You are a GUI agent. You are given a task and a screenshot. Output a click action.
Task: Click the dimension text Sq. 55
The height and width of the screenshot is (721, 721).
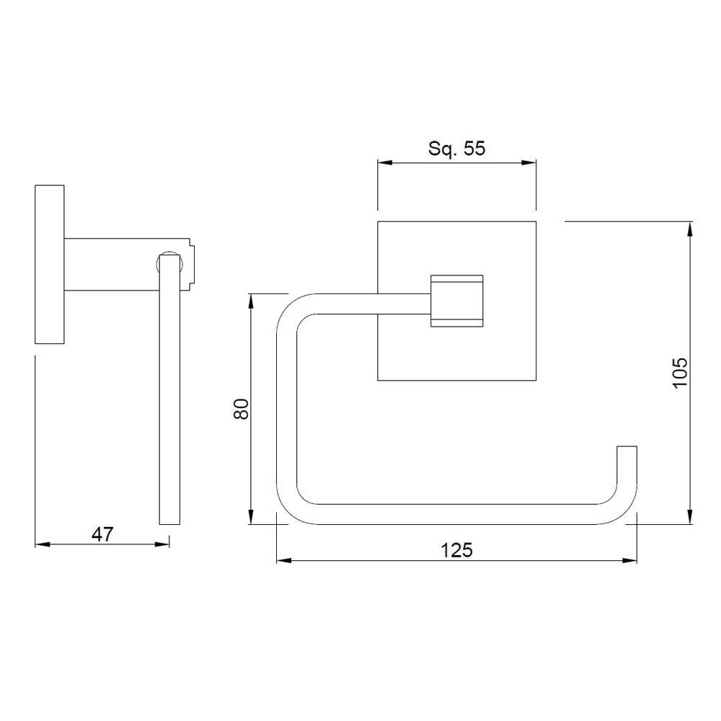point(457,149)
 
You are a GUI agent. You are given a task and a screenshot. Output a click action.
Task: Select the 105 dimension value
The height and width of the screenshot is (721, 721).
point(681,373)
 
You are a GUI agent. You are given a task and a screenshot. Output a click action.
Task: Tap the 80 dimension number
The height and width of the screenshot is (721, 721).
point(242,409)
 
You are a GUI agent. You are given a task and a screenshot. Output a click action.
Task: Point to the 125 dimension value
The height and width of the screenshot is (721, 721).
point(456,550)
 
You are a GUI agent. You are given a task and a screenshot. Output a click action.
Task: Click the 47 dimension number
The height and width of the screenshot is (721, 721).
point(102,534)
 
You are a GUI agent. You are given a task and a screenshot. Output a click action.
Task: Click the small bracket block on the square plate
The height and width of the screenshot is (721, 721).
point(456,301)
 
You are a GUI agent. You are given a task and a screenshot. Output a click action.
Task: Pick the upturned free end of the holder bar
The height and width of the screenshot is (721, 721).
point(627,461)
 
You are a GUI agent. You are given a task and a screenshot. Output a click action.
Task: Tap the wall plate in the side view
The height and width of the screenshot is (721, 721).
point(49,265)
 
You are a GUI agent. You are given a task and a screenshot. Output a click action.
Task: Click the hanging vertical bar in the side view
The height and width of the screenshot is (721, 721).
point(169,397)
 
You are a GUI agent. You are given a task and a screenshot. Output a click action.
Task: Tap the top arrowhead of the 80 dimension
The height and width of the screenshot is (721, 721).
point(251,299)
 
